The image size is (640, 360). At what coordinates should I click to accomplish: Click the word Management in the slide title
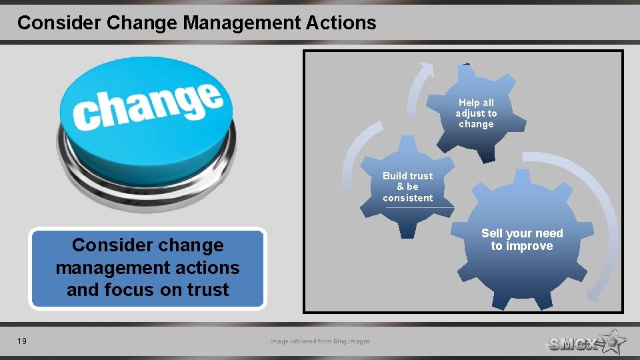pyautogui.click(x=233, y=23)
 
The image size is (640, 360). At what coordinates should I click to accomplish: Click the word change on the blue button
pyautogui.click(x=147, y=106)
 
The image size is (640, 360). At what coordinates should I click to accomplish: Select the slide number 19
pyautogui.click(x=22, y=341)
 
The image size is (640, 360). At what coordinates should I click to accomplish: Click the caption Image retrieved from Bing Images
pyautogui.click(x=320, y=341)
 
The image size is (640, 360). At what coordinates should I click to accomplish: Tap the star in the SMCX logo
pyautogui.click(x=612, y=342)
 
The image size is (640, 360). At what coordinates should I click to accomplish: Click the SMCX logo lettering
pyautogui.click(x=573, y=344)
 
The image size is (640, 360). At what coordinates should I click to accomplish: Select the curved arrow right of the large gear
pyautogui.click(x=600, y=220)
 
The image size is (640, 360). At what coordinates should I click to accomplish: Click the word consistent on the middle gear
pyautogui.click(x=408, y=198)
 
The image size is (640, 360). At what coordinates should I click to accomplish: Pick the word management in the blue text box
pyautogui.click(x=147, y=268)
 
